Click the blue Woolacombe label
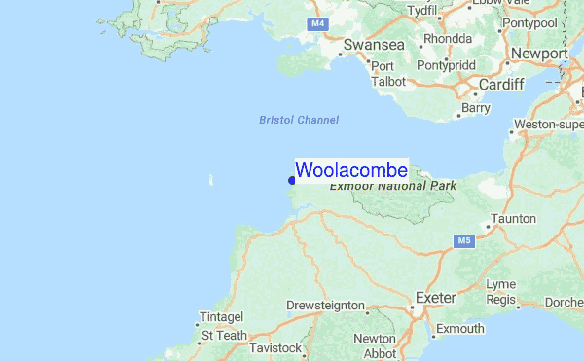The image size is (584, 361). click(350, 170)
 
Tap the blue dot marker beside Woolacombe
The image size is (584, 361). click(292, 179)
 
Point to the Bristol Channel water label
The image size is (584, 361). click(299, 120)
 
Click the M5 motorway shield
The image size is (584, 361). click(463, 240)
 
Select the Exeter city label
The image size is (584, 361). click(435, 296)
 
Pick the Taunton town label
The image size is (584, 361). click(514, 218)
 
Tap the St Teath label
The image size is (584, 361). click(225, 335)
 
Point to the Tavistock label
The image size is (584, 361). click(275, 347)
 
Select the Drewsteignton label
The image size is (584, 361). click(325, 306)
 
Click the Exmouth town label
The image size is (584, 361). click(459, 329)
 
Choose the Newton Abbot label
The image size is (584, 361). click(375, 346)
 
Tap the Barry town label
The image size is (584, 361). click(477, 108)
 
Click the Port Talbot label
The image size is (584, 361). click(387, 74)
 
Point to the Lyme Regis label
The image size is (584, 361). click(501, 291)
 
